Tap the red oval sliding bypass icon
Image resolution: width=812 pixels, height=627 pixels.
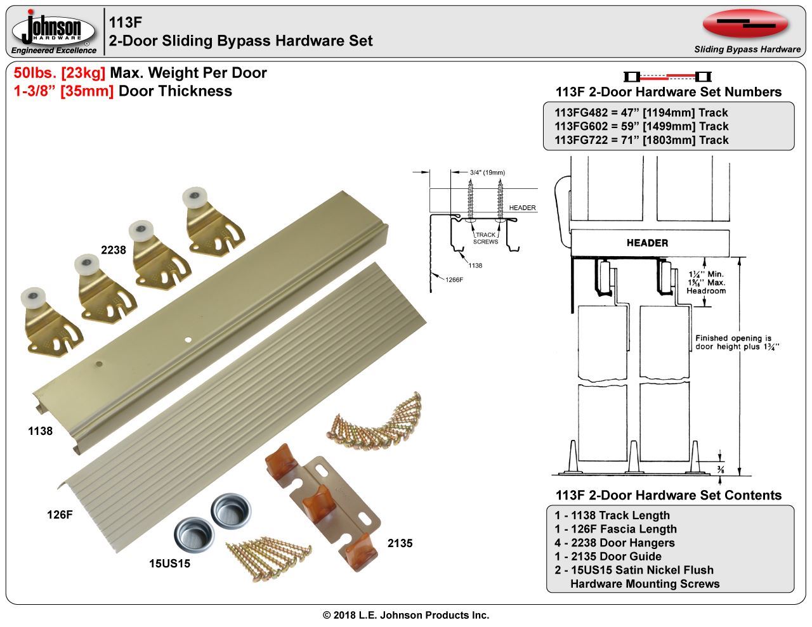pos(745,24)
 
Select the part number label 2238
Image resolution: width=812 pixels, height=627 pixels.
pos(114,250)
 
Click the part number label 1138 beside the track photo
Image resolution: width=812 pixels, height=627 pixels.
pos(40,431)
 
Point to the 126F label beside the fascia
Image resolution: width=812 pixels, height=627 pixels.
pos(60,515)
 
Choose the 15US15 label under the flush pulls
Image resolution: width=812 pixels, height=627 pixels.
pos(169,563)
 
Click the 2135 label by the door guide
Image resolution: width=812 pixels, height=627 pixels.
pos(400,543)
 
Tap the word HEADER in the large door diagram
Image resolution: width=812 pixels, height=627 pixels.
pos(647,243)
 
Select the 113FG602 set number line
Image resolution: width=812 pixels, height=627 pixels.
pos(641,126)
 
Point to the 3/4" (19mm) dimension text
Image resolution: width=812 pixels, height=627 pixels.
pos(487,172)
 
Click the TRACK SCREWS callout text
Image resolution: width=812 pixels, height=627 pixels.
pos(485,238)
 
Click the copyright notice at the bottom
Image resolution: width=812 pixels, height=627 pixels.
pos(406,615)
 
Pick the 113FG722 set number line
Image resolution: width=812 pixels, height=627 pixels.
pos(641,140)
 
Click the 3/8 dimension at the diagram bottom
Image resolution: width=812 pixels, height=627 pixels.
pos(721,470)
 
